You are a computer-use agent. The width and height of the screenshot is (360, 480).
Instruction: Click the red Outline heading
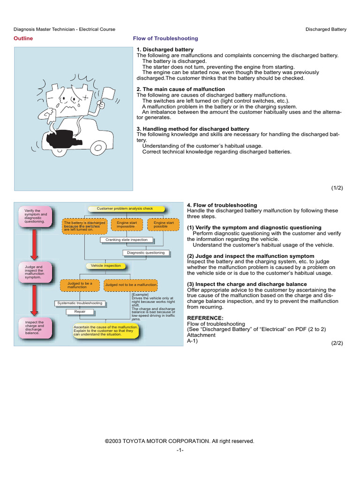tap(23, 38)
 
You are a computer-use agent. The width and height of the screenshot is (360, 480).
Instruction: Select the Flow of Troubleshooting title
tap(165, 38)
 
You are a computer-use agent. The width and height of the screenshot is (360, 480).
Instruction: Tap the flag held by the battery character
tap(108, 93)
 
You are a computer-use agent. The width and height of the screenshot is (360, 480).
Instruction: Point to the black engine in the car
tap(62, 140)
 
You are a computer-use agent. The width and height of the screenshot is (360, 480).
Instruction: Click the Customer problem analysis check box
tap(126, 209)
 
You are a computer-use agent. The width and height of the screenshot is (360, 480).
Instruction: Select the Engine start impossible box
tap(127, 225)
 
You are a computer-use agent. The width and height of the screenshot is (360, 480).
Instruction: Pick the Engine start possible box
tap(163, 225)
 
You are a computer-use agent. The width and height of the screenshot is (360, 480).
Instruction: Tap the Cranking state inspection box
tap(127, 240)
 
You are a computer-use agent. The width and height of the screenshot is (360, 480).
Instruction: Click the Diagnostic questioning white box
tap(146, 253)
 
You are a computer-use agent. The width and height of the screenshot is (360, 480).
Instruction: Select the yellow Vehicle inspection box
tap(106, 266)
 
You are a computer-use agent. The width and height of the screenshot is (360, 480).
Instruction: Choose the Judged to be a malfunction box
tap(80, 285)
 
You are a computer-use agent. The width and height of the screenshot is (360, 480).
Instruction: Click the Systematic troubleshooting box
tap(80, 303)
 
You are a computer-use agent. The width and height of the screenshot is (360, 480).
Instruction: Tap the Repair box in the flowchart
tap(80, 312)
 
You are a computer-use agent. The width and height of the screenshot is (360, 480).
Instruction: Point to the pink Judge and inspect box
tap(35, 272)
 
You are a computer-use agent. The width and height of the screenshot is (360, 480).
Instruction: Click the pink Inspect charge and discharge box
tap(35, 328)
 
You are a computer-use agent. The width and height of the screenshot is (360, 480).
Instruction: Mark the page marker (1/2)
tap(337, 187)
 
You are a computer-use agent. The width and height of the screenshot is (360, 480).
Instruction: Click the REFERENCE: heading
tap(205, 318)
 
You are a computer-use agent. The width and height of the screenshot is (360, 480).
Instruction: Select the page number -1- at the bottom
tap(180, 450)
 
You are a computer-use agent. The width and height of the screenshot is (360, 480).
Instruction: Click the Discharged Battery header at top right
tap(326, 29)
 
